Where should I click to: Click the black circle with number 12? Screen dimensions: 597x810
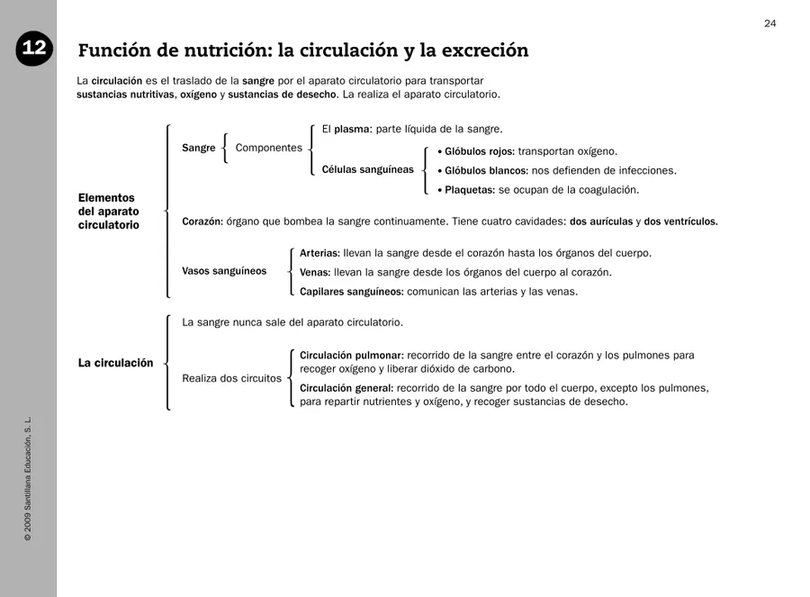(33, 50)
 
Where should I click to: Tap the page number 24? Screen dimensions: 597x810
(769, 23)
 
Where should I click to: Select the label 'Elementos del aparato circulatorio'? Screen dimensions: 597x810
(109, 212)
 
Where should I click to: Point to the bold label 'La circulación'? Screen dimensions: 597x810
(115, 363)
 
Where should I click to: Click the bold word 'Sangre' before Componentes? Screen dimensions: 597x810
(198, 148)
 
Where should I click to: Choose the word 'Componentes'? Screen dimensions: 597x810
(268, 148)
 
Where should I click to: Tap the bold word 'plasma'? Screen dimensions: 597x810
(352, 129)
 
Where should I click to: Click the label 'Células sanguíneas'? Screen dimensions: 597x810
(367, 169)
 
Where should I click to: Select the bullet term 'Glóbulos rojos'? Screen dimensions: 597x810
(480, 151)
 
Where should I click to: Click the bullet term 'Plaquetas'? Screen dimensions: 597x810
(469, 190)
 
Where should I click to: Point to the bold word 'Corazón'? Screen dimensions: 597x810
(202, 222)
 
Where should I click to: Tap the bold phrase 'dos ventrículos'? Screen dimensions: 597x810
(680, 222)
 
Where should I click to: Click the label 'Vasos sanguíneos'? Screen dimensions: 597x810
(224, 271)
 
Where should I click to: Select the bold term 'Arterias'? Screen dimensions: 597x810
(319, 253)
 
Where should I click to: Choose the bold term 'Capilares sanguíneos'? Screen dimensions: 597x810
(351, 292)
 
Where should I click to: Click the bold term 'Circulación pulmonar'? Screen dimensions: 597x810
(351, 356)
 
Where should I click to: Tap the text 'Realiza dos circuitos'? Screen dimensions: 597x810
(231, 378)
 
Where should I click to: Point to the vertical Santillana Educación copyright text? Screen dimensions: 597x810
(28, 478)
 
